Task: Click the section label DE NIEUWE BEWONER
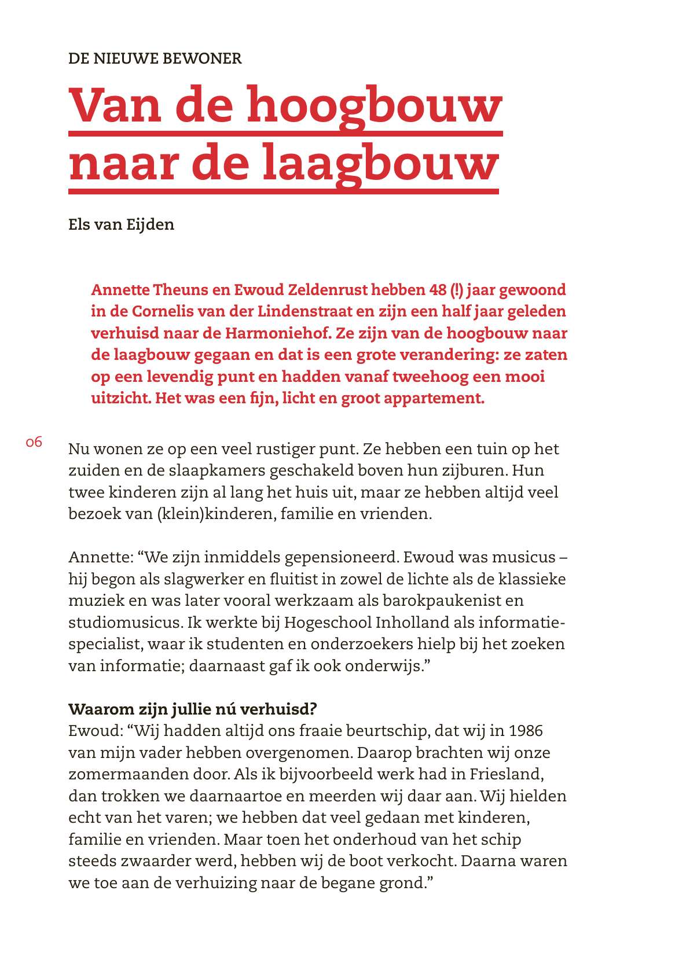(155, 58)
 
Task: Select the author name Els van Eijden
(121, 224)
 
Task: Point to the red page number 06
(34, 443)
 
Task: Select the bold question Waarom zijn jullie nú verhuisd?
(192, 709)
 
